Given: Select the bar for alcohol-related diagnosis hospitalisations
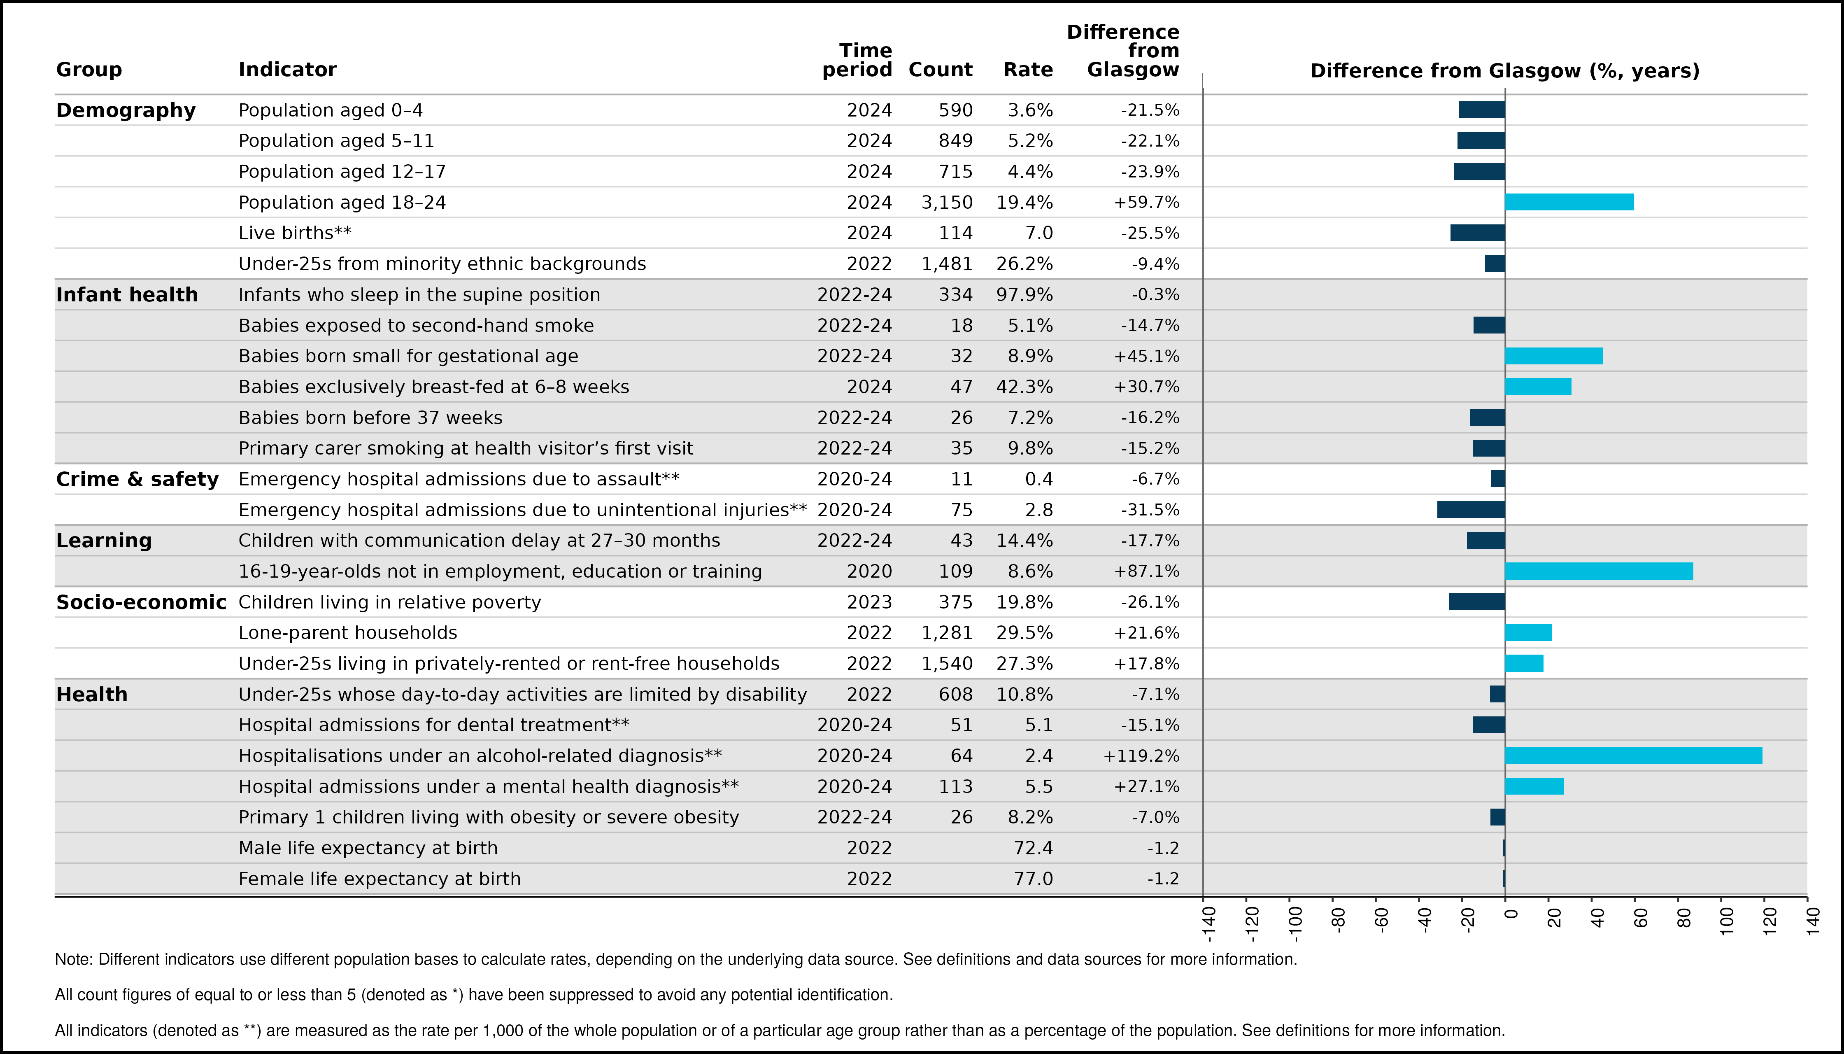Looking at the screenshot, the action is (1633, 756).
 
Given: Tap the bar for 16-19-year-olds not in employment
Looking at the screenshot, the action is (1600, 571).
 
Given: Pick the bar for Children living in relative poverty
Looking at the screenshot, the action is (1477, 602).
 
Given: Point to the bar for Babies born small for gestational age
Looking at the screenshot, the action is (1554, 356).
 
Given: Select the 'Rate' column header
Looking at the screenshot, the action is (1028, 70).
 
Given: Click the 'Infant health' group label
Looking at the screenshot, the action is (127, 295).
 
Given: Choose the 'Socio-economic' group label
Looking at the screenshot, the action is (141, 602).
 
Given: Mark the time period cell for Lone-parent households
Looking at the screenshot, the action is (869, 633).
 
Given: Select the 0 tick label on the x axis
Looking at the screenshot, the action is (1511, 914).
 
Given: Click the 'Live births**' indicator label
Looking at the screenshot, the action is (295, 233).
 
